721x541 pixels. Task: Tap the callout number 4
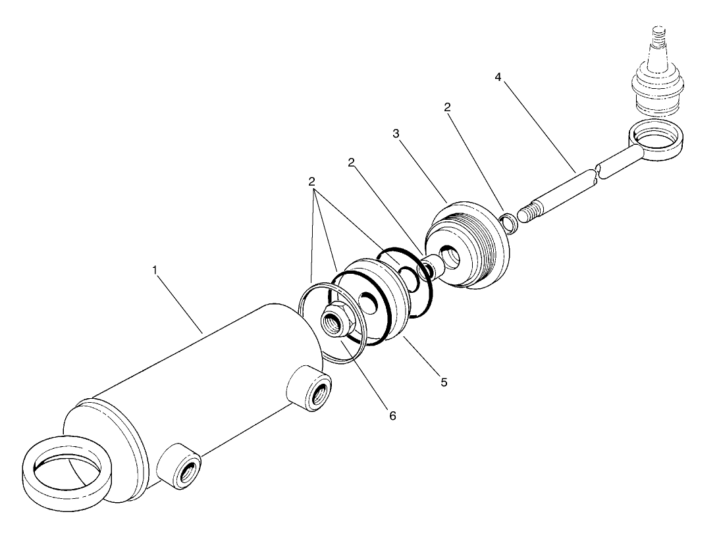tap(498, 77)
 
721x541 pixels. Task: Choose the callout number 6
tap(392, 416)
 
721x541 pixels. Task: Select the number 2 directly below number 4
tap(448, 107)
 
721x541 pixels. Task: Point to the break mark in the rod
tap(596, 175)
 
